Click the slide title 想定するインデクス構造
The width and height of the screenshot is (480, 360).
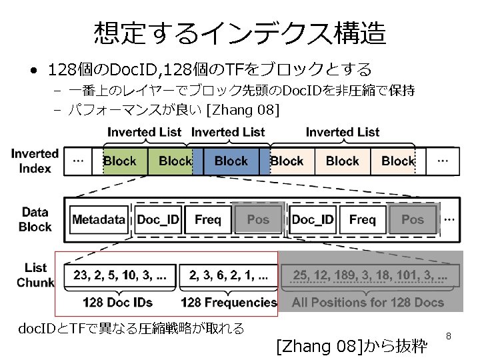pos(240,31)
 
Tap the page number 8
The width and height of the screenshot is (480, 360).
pos(449,337)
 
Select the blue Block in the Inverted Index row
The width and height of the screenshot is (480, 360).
pos(231,161)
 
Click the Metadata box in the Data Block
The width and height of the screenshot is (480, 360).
pos(99,219)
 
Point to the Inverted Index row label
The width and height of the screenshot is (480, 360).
pos(35,161)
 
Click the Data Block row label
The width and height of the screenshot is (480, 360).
pos(35,219)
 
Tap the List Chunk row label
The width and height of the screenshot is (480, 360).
pos(35,275)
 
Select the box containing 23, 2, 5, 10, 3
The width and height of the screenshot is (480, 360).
pos(120,275)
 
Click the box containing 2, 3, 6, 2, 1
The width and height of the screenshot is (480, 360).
pos(229,275)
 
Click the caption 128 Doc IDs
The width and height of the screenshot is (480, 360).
pos(118,303)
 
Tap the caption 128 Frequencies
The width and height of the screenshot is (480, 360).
pos(229,303)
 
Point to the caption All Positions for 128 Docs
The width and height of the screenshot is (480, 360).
pos(368,303)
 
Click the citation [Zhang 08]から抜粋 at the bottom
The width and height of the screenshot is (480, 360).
pos(351,346)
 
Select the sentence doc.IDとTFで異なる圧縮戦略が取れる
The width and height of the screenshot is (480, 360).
pos(131,328)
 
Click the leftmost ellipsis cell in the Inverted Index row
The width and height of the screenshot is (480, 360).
pos(78,161)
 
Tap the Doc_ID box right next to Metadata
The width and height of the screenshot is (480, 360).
pos(159,219)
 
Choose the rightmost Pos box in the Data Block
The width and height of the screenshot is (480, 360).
pos(413,219)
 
